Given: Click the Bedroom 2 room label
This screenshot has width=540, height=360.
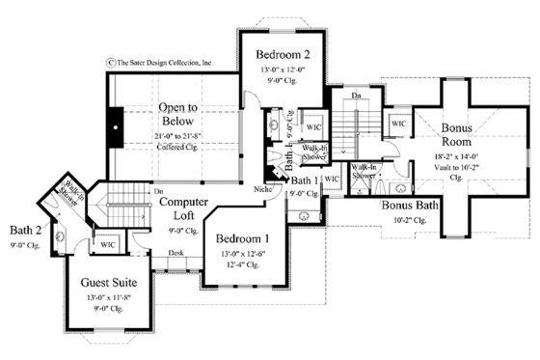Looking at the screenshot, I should coord(280,54).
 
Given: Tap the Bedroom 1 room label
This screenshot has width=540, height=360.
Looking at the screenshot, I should coord(241,238).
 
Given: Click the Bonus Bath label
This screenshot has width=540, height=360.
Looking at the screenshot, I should coord(411,207).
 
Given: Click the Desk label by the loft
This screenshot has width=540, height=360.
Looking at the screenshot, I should coord(175,254).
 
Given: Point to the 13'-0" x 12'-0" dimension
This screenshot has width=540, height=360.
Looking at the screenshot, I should coord(280,71).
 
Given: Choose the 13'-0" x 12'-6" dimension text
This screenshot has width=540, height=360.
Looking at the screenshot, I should coord(241,253).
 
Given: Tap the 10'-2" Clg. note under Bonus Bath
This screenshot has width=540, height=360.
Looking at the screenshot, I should coord(411,221).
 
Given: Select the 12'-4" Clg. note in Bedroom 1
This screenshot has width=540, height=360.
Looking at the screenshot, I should coord(241,265).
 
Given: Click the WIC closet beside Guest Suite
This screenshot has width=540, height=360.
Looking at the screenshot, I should coord(106,245).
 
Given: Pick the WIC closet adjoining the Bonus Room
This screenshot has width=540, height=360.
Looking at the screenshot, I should coord(398,124).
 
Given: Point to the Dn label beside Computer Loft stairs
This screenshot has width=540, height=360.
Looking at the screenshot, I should coord(157,192).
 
